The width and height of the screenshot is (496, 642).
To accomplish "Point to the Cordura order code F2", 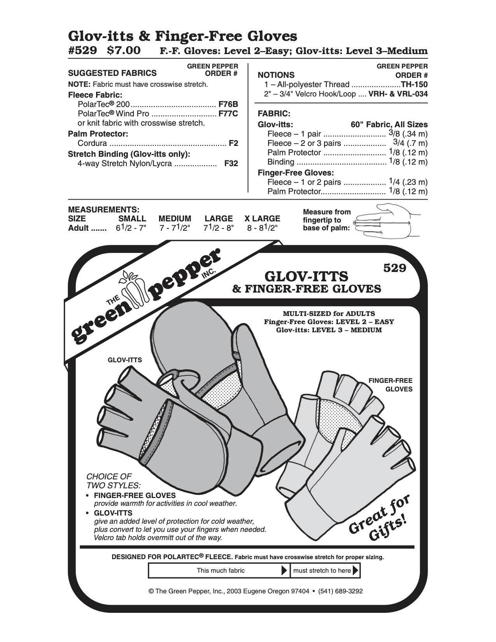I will (233, 143).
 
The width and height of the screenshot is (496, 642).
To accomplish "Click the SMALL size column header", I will (132, 218).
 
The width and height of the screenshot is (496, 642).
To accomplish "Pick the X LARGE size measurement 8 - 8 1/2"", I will (262, 228).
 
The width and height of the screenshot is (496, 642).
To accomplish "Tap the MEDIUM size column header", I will (175, 218).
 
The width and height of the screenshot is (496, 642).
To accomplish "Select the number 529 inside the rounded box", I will (394, 268).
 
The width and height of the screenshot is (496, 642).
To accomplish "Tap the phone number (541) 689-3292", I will (340, 591).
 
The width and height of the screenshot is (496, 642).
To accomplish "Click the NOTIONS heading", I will (276, 75).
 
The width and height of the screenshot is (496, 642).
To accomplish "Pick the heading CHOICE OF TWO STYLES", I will (113, 481).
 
